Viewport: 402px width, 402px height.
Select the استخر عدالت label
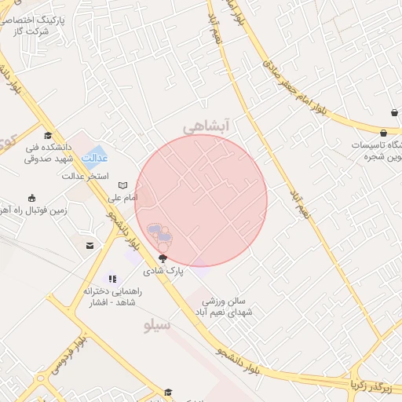point(86,176)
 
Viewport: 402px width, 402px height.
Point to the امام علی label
point(122,197)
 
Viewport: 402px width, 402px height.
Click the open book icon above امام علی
point(122,185)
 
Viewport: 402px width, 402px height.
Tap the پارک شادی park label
point(163,270)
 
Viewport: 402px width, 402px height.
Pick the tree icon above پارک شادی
point(163,258)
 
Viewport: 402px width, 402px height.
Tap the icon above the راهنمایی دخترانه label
point(112,278)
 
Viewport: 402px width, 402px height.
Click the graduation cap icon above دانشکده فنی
point(48,135)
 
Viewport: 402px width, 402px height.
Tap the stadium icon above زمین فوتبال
point(32,197)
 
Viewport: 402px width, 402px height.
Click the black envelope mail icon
point(91,246)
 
